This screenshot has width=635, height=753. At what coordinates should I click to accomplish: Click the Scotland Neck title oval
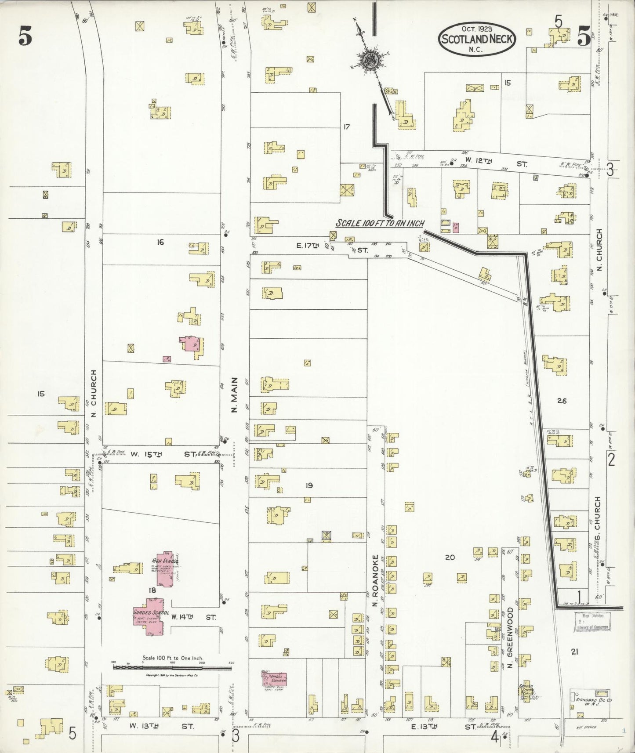(x=477, y=39)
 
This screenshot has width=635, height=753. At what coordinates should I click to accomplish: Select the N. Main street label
(x=234, y=395)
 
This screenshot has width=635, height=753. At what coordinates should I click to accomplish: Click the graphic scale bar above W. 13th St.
(x=172, y=667)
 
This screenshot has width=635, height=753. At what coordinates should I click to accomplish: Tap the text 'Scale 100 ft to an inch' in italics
(x=380, y=223)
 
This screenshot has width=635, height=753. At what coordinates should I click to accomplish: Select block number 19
(x=309, y=485)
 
